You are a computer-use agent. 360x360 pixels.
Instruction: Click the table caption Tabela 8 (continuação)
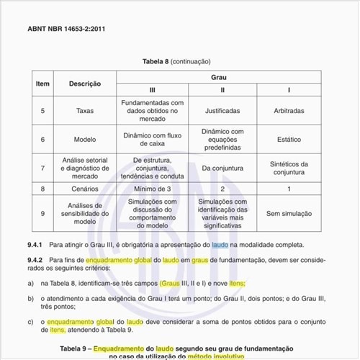pyautogui.click(x=180, y=62)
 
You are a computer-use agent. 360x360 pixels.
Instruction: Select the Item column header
pyautogui.click(x=42, y=84)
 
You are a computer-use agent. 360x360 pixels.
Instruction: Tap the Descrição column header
pyautogui.click(x=85, y=84)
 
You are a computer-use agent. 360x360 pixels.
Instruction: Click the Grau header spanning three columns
pyautogui.click(x=219, y=76)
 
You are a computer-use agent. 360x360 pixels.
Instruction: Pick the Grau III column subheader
pyautogui.click(x=152, y=90)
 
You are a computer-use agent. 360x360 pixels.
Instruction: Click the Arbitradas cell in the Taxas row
pyautogui.click(x=289, y=111)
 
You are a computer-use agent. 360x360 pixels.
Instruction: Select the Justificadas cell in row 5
pyautogui.click(x=222, y=111)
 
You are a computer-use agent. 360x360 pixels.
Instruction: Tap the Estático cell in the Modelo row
pyautogui.click(x=289, y=139)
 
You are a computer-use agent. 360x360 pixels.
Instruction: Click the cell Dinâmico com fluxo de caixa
pyautogui.click(x=152, y=139)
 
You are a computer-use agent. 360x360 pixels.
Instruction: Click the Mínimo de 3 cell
pyautogui.click(x=152, y=189)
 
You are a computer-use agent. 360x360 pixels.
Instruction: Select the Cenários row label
pyautogui.click(x=85, y=189)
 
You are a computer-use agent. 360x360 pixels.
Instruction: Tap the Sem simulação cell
pyautogui.click(x=289, y=213)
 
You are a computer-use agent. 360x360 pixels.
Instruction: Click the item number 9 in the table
pyautogui.click(x=42, y=213)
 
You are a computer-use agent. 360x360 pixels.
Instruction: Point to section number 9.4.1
pyautogui.click(x=35, y=244)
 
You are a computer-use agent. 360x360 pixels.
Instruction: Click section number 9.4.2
pyautogui.click(x=35, y=258)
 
